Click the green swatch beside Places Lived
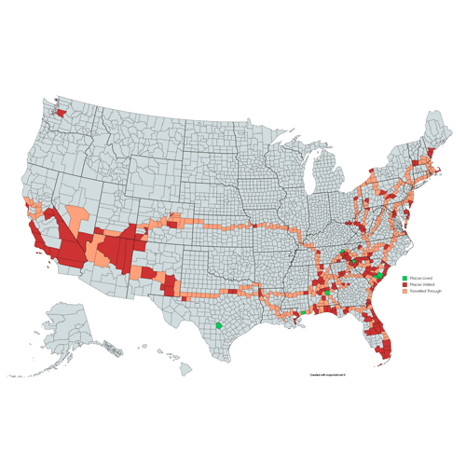pyautogui.click(x=404, y=278)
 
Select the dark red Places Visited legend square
pyautogui.click(x=404, y=284)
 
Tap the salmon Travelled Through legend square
pyautogui.click(x=404, y=291)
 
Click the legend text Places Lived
pyautogui.click(x=419, y=278)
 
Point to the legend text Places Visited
pyautogui.click(x=420, y=284)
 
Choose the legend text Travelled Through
pyautogui.click(x=425, y=291)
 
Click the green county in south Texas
pyautogui.click(x=218, y=326)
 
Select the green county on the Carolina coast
pyautogui.click(x=379, y=276)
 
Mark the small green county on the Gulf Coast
pyautogui.click(x=303, y=312)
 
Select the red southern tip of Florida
pyautogui.click(x=385, y=355)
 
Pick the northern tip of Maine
pyautogui.click(x=434, y=115)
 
